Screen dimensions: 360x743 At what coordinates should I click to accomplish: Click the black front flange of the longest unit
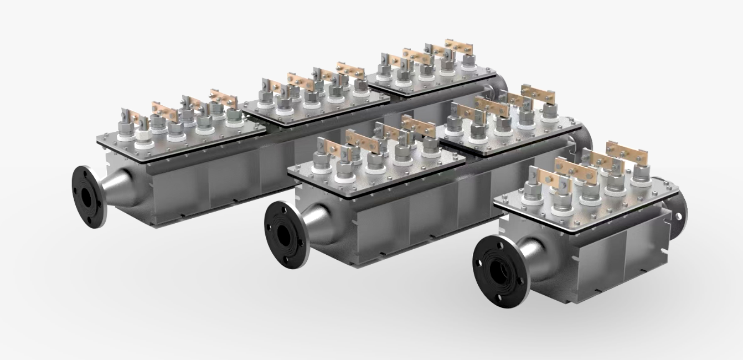[89, 197]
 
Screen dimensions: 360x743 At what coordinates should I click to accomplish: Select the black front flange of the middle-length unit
[284, 235]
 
